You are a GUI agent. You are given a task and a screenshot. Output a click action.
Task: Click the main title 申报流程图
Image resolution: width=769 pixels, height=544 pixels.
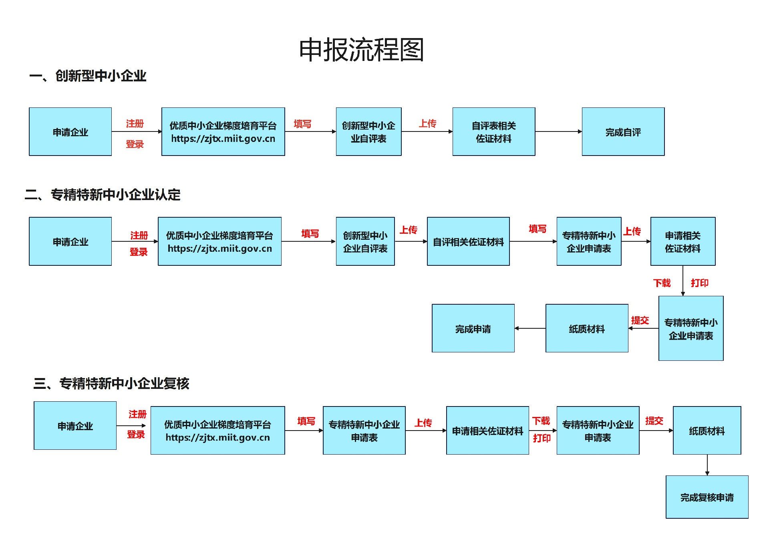coord(361,50)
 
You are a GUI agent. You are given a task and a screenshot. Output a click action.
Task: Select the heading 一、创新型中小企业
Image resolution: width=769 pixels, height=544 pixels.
coord(88,76)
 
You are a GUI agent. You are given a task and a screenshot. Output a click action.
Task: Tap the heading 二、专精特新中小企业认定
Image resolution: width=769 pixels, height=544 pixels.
coord(103,195)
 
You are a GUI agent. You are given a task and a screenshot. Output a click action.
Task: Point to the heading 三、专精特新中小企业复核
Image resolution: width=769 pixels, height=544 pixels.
coord(111,384)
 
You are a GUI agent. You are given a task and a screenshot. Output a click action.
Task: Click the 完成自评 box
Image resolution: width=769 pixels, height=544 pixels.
coord(623,132)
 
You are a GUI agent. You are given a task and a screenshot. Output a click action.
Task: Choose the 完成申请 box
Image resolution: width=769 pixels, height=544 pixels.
coord(473,329)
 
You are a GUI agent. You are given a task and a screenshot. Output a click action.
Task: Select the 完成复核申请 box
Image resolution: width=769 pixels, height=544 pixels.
coord(707,497)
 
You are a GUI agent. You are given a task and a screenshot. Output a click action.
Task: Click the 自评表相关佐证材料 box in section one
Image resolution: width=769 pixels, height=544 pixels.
coord(493,132)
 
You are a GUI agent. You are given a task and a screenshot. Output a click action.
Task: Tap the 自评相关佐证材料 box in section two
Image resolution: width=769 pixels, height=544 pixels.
coord(468,242)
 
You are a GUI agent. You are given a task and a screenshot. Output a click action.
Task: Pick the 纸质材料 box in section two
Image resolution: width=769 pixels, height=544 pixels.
coord(587,329)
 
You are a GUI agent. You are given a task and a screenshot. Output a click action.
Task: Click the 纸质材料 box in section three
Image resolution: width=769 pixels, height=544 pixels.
coord(707,431)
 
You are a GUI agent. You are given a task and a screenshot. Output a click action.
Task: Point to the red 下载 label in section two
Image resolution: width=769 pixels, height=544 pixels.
coord(662,283)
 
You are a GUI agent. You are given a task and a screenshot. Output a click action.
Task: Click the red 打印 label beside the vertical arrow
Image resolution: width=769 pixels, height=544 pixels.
coord(700,283)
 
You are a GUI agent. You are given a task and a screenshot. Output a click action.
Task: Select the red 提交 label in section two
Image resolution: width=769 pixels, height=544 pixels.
coord(640,320)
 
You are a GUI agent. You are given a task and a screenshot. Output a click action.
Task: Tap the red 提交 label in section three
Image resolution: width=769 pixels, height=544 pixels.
coord(654,421)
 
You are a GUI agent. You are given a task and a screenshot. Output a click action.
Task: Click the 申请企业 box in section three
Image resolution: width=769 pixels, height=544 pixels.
coord(75,426)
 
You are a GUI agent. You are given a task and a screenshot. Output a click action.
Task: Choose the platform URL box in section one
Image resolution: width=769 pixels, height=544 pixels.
coord(223,132)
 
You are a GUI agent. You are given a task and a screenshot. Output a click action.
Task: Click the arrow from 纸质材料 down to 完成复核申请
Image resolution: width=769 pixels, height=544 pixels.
coord(707,465)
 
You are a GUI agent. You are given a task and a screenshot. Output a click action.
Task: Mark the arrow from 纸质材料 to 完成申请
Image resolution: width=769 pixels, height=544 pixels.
coord(530,328)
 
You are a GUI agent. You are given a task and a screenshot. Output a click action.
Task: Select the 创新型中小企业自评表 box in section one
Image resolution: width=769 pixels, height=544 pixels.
coord(368,132)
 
